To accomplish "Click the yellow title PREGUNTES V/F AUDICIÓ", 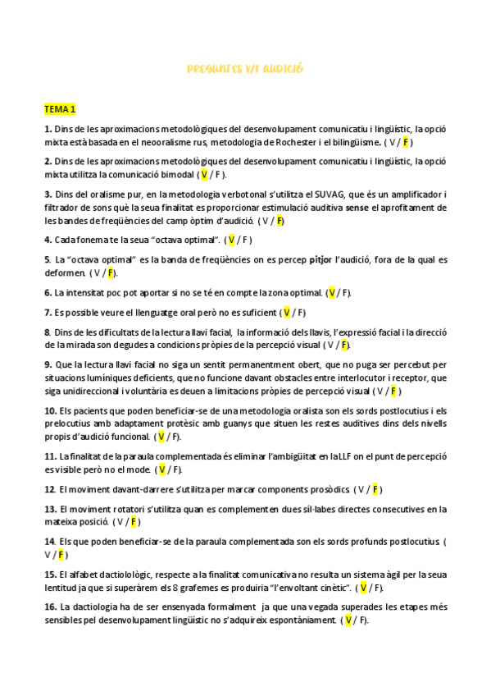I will click(245, 68).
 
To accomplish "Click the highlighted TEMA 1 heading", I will click(60, 109).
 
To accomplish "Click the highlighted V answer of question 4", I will click(232, 240).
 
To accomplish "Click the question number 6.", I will click(48, 292).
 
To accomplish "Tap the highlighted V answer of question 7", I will click(286, 312).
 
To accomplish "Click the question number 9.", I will click(48, 364).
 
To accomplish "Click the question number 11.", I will click(50, 456).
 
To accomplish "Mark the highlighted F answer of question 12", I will click(375, 489).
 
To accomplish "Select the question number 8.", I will click(48, 332).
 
